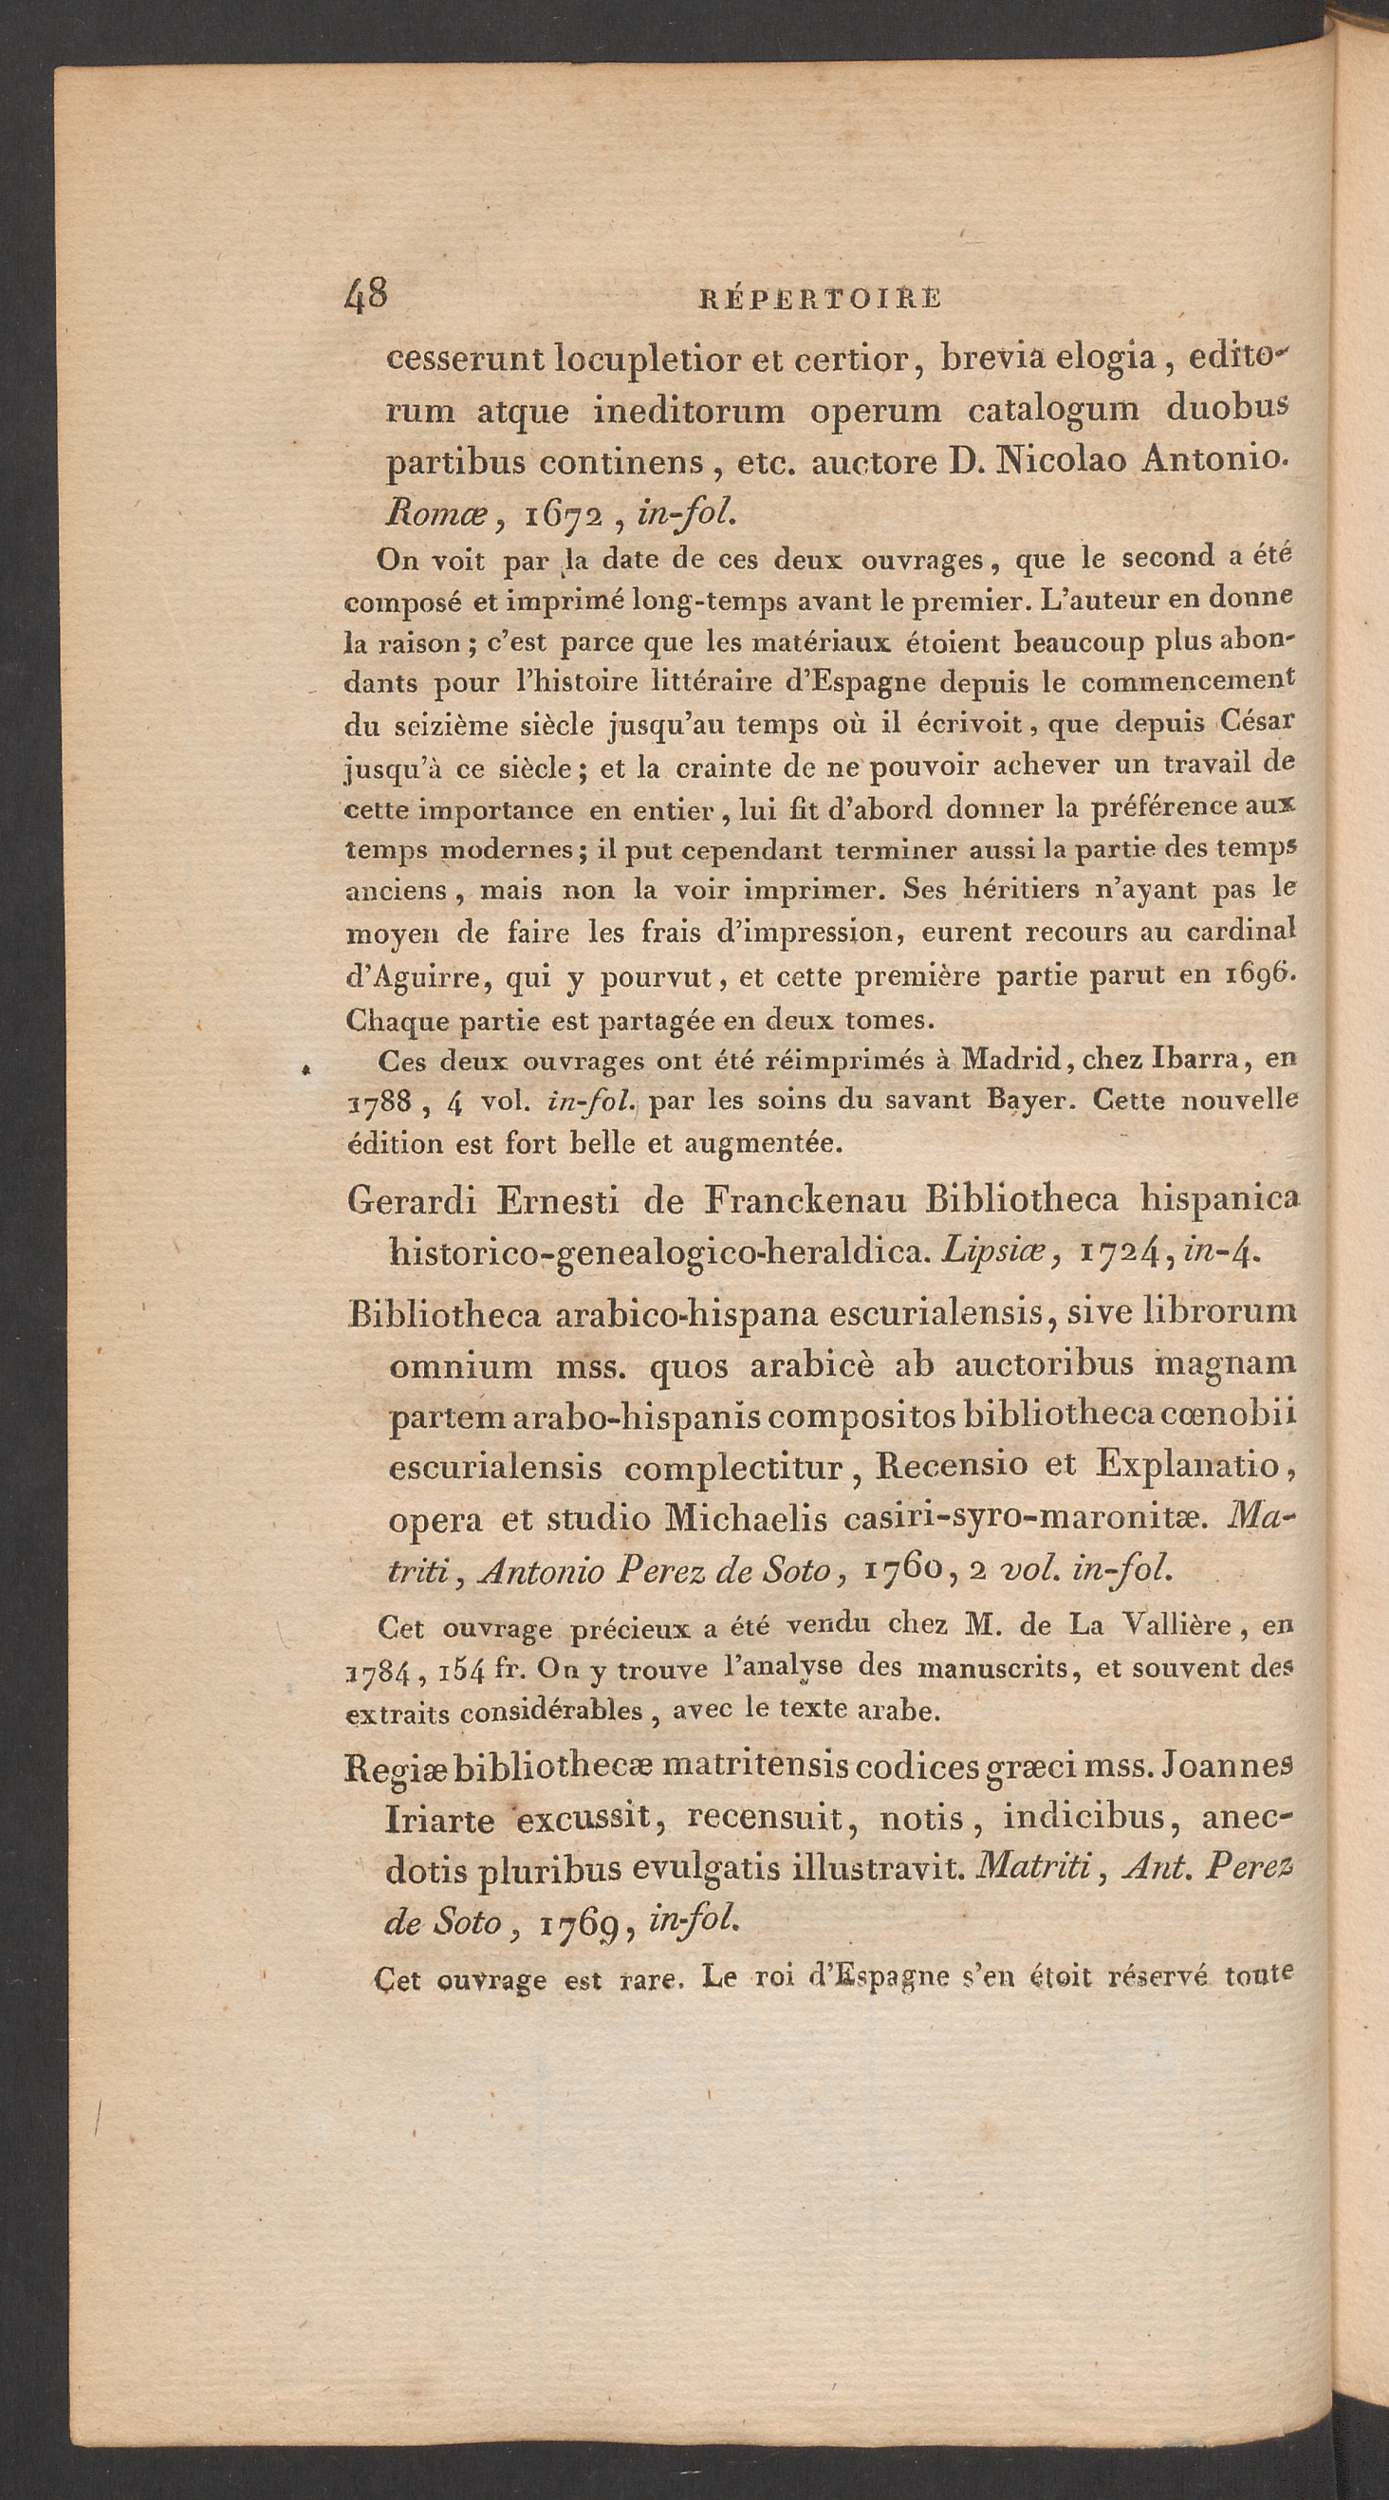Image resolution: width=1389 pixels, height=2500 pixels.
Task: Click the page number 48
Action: (x=366, y=293)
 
